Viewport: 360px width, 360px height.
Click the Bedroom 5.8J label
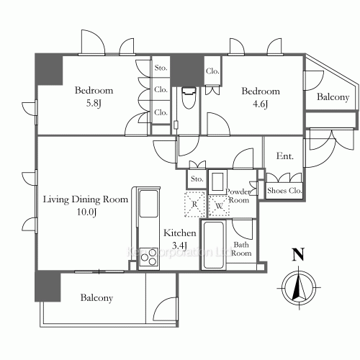point(94,96)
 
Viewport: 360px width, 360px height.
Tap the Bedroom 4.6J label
point(260,96)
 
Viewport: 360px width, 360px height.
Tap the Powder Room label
point(238,196)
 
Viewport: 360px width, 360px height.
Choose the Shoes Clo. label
point(284,191)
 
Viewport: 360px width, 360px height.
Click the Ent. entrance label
point(284,157)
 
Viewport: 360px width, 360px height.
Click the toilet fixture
point(189,99)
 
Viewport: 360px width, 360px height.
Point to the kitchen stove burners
point(149,256)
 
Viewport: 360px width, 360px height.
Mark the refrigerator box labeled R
point(194,204)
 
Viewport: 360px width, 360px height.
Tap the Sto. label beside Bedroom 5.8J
point(161,69)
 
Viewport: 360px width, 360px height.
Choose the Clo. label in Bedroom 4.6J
point(212,71)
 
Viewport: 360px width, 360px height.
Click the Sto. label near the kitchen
point(197,179)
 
